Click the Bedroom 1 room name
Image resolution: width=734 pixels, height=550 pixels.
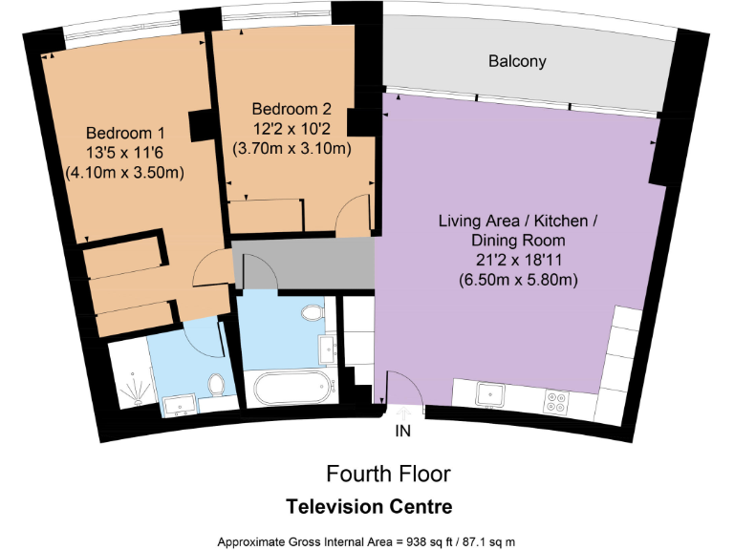[125, 133]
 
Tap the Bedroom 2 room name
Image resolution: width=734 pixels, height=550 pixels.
[291, 108]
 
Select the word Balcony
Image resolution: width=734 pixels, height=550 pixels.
[517, 61]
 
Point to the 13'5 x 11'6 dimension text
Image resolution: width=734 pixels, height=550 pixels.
[125, 153]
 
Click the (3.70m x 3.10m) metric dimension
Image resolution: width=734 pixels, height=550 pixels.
[291, 148]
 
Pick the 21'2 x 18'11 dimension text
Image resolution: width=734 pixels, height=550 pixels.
[517, 261]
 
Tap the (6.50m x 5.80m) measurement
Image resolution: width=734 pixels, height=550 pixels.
[517, 281]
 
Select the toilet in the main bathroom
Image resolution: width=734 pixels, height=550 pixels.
[312, 312]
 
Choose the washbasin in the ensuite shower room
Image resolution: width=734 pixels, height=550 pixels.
[178, 405]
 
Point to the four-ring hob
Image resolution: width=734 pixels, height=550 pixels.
[556, 401]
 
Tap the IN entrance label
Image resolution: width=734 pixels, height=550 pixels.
[403, 432]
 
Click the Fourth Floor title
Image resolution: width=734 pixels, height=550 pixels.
[387, 474]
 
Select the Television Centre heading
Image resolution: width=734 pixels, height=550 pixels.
[369, 505]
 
